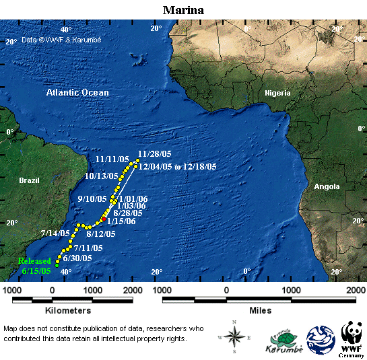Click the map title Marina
point(183,10)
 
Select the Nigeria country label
point(277,92)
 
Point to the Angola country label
point(327,186)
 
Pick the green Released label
point(34,260)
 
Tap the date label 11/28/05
point(154,153)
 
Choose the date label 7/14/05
point(55,233)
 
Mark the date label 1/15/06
point(123,221)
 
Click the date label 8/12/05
point(101,234)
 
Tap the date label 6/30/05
point(77,258)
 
